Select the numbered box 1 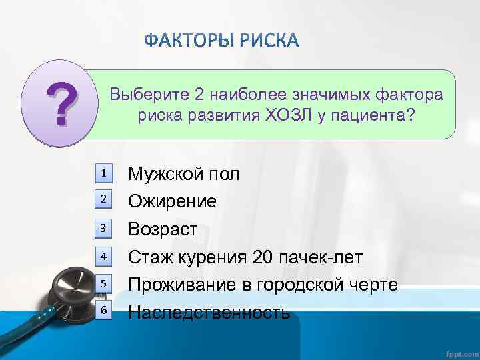pyautogui.click(x=104, y=173)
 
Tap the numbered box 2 pyautogui.click(x=104, y=199)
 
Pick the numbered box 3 pyautogui.click(x=104, y=229)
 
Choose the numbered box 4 pyautogui.click(x=104, y=256)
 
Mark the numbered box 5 pyautogui.click(x=104, y=284)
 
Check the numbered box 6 pyautogui.click(x=104, y=311)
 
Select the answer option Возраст pyautogui.click(x=163, y=229)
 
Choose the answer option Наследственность pyautogui.click(x=209, y=312)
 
